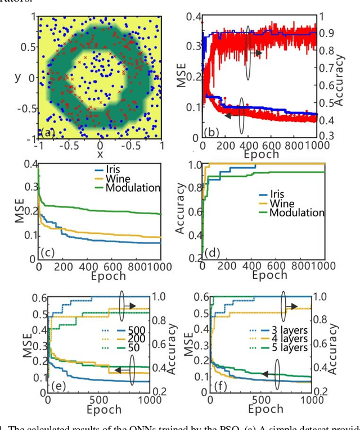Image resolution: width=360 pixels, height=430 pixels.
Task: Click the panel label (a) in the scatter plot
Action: (48, 133)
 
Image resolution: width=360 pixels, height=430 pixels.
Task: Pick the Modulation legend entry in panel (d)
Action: (296, 212)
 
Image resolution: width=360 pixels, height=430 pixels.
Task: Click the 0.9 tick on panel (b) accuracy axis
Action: (338, 33)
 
